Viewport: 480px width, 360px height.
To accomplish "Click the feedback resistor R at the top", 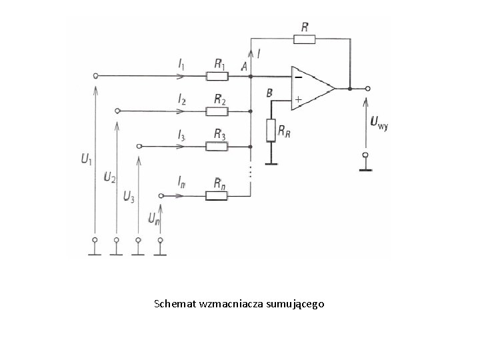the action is click(304, 39).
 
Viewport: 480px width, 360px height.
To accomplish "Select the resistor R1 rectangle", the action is click(217, 76).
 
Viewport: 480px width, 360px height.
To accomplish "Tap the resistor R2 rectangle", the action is click(217, 111).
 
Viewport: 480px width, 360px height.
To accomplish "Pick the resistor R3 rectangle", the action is click(217, 147).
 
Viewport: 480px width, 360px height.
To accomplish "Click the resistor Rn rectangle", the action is click(217, 195).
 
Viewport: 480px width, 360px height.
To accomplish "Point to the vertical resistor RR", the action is click(271, 131).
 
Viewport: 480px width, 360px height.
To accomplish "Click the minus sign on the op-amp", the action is click(299, 77).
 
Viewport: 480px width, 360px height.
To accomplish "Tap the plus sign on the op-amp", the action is click(298, 99).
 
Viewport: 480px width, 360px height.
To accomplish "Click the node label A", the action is click(244, 66).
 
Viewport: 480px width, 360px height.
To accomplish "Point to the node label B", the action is click(269, 93).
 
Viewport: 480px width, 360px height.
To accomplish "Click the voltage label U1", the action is click(86, 159).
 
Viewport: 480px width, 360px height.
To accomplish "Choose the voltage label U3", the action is click(129, 196).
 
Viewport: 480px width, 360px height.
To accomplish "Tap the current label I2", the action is click(182, 99).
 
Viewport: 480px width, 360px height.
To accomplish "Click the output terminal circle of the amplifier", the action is click(368, 89).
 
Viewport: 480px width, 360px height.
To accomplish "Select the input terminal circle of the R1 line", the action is click(95, 76).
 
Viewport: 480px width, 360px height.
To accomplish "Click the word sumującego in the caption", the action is click(295, 304).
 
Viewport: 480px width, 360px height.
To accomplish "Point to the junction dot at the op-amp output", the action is click(350, 89).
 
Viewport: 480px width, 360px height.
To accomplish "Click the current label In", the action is click(181, 183).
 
